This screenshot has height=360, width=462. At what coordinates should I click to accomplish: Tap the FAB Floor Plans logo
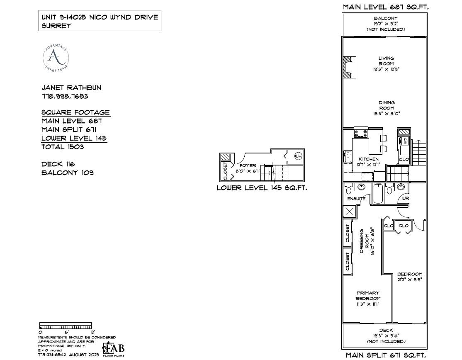point(114,348)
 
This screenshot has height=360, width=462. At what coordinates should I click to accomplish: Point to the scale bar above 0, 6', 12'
point(66,325)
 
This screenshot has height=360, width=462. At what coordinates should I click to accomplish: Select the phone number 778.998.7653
point(65,96)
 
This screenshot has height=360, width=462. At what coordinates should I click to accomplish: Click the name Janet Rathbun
point(71,88)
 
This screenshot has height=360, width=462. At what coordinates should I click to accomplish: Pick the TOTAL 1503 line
point(63,147)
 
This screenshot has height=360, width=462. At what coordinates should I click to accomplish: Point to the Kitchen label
point(368,159)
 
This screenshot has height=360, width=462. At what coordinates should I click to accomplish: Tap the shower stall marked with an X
point(349,212)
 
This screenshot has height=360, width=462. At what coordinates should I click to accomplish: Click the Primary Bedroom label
point(368,296)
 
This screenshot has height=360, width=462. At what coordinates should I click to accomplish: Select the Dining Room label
point(386,105)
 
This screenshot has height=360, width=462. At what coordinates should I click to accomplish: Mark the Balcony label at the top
point(386,19)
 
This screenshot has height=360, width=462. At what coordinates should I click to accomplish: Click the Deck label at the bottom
point(386,331)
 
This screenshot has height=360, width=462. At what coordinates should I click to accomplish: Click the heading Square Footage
point(75,112)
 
